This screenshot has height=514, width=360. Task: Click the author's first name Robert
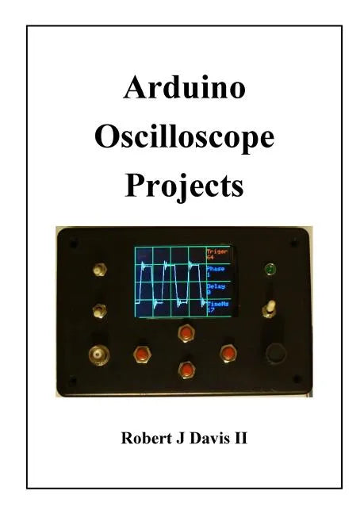[146, 438]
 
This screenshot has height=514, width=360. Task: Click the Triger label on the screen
[216, 253]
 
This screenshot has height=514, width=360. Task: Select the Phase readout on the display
[216, 271]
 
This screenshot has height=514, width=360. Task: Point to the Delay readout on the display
[216, 290]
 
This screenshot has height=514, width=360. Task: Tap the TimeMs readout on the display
[217, 306]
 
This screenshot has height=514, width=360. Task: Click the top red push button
[186, 332]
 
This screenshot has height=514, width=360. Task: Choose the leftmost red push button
[143, 353]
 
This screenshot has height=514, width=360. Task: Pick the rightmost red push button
[228, 351]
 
